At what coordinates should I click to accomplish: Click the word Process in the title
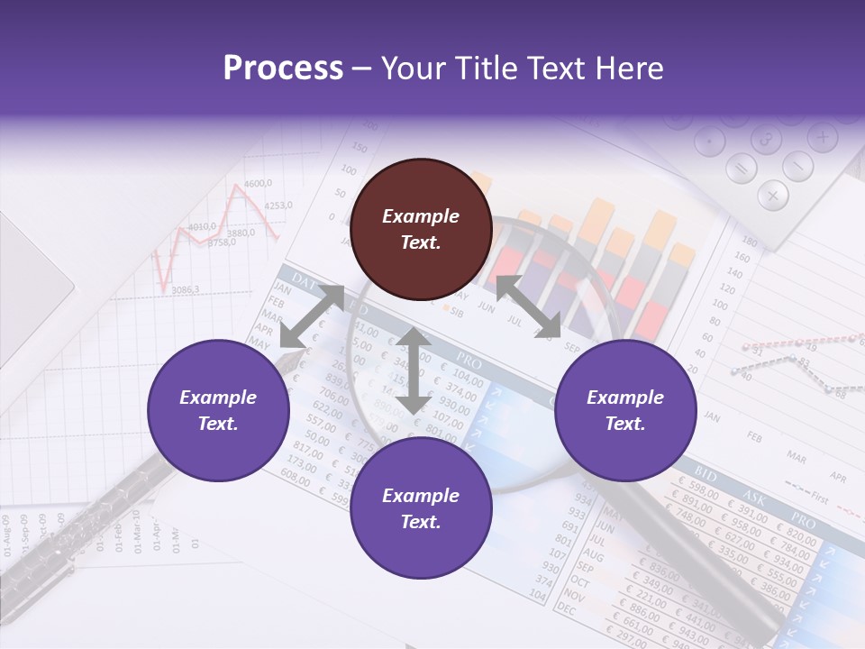pos(283,68)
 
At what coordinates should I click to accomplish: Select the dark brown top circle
pos(421,229)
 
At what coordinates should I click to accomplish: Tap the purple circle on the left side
pos(218,410)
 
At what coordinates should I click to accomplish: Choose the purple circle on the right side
pos(624,410)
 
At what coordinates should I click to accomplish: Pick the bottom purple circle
pos(421,508)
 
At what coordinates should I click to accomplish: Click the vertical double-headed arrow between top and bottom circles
pos(413,370)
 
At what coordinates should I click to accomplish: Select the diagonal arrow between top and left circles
pos(312,316)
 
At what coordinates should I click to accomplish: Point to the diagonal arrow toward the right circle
pos(528,307)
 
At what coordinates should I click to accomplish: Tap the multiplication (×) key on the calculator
pos(772,194)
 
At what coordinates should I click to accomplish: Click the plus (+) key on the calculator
pos(822,138)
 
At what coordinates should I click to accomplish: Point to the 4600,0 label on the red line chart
pos(258,184)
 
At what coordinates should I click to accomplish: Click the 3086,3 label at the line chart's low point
pos(186,289)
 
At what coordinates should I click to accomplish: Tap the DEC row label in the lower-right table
pos(567,609)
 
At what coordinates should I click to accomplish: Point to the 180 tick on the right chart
pos(749,242)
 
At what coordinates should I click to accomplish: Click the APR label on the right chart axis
pos(838,477)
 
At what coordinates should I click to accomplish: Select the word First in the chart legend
pos(819,497)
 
